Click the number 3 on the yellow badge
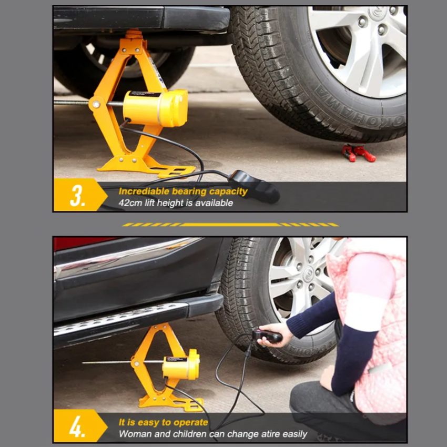pyautogui.click(x=77, y=195)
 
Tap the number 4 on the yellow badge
pyautogui.click(x=77, y=426)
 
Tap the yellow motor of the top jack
pyautogui.click(x=156, y=108)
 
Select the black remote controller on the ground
pyautogui.click(x=255, y=186)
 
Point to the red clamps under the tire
pyautogui.click(x=359, y=154)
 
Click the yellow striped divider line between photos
pyautogui.click(x=230, y=225)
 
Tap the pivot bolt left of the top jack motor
pyautogui.click(x=96, y=104)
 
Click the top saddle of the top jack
pyautogui.click(x=134, y=33)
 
